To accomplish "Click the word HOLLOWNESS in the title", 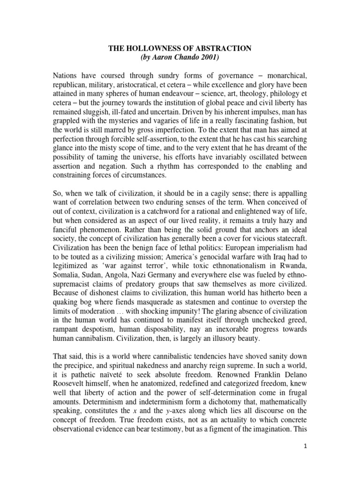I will click(161, 48).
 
